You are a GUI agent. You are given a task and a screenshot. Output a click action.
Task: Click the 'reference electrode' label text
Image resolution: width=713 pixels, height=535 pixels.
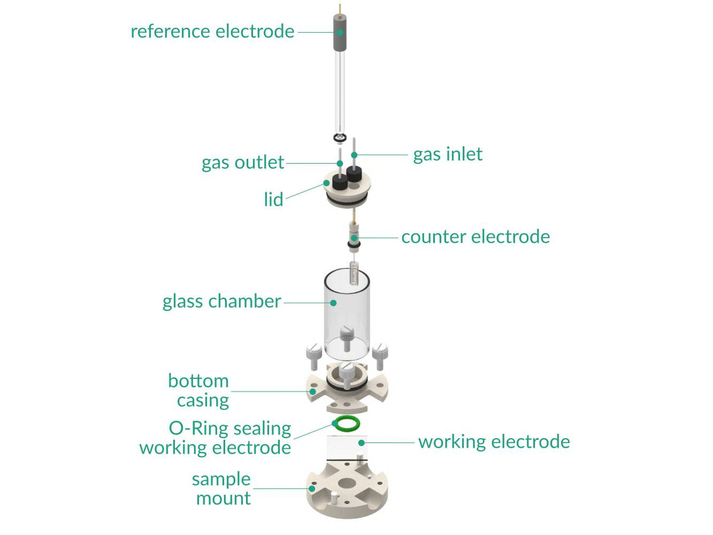click(212, 31)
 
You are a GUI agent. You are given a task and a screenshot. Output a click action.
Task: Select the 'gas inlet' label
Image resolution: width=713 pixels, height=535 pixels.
click(447, 155)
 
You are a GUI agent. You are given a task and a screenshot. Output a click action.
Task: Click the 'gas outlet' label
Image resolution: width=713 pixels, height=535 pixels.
click(242, 162)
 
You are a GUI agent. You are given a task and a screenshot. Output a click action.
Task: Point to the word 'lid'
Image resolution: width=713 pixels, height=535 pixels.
click(273, 199)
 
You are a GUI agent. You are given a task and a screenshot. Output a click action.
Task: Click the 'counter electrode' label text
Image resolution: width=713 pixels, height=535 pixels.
click(475, 237)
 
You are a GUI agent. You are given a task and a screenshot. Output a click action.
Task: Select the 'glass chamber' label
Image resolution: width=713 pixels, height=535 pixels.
click(222, 301)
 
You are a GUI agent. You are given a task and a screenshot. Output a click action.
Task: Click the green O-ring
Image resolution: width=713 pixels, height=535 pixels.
click(346, 423)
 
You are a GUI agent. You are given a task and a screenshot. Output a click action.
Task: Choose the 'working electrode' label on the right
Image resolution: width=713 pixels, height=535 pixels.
click(494, 442)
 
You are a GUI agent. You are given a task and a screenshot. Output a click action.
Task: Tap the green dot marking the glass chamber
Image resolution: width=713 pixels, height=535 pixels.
click(333, 303)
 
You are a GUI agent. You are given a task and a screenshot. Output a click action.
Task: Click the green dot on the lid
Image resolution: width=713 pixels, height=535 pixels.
click(326, 182)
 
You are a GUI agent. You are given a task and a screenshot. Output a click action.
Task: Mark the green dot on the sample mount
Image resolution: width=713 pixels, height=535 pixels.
click(313, 489)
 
